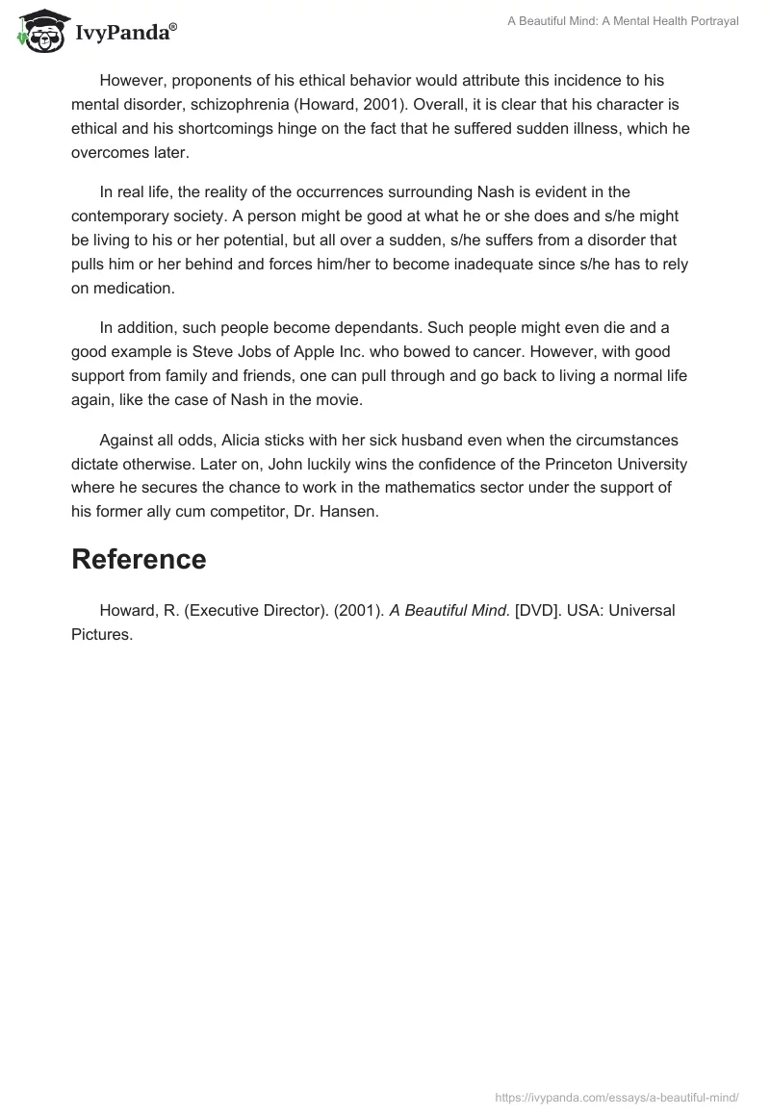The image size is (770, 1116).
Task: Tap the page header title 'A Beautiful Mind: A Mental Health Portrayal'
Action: click(x=623, y=21)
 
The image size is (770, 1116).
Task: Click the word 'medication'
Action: click(x=137, y=288)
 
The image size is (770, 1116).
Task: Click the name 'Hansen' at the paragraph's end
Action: click(x=350, y=513)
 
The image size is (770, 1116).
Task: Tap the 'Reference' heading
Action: click(x=139, y=560)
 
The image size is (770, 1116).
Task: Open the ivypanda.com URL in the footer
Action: click(x=617, y=1096)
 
